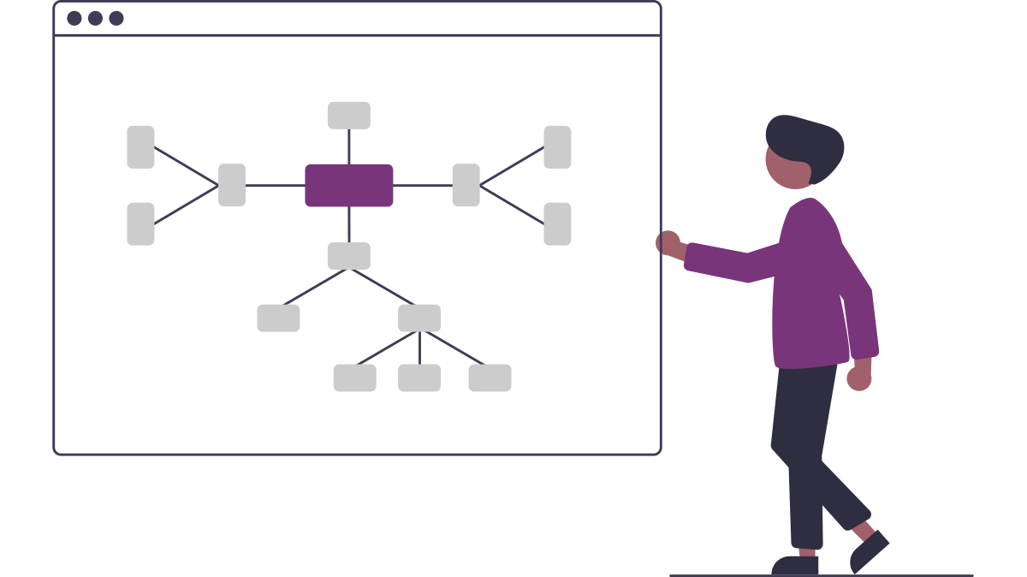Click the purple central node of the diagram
click(x=349, y=186)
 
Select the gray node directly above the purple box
click(x=349, y=116)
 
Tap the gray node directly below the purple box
click(x=349, y=256)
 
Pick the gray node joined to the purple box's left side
click(x=232, y=185)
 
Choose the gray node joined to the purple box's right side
click(x=466, y=185)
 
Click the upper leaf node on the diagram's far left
click(x=140, y=147)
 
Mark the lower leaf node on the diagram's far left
click(x=140, y=223)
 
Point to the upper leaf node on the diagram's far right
click(x=557, y=147)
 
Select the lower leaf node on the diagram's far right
click(x=557, y=223)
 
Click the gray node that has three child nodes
click(x=419, y=318)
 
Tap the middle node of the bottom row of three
click(x=419, y=378)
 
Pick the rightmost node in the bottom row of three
click(x=490, y=378)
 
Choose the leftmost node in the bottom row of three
click(x=354, y=378)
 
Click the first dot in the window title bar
click(x=74, y=18)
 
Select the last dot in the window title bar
click(x=116, y=18)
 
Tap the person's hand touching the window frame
click(x=668, y=243)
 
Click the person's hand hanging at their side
click(x=859, y=377)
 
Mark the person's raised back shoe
click(x=869, y=551)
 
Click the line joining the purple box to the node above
click(x=349, y=146)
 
